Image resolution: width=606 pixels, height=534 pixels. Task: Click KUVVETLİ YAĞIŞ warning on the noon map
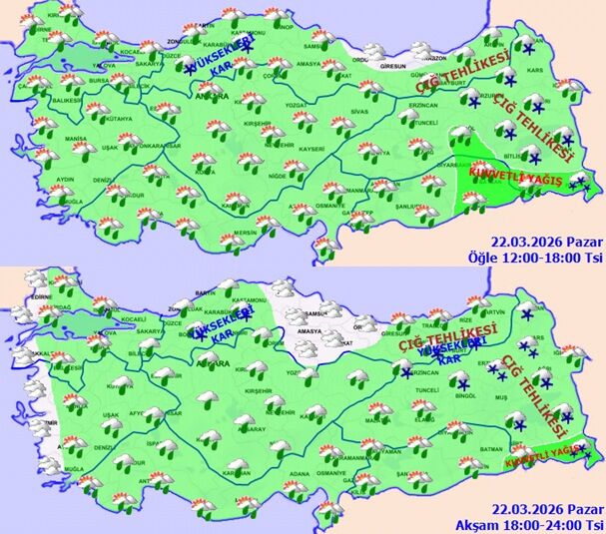click(512, 175)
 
